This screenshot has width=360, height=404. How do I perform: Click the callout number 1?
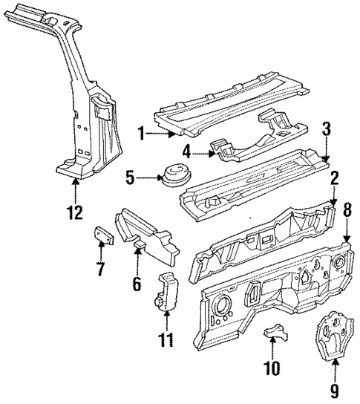tap(140, 134)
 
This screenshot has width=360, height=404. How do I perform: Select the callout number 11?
tap(168, 341)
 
